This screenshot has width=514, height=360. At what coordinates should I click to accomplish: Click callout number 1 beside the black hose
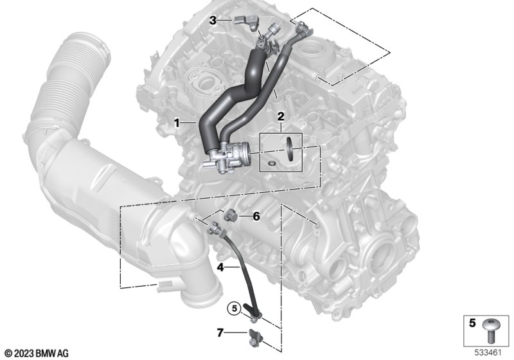(177, 123)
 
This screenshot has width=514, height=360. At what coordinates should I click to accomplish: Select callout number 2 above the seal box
(281, 116)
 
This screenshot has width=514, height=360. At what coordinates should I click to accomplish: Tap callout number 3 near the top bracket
(213, 21)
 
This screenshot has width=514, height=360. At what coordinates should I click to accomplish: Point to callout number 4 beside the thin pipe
(220, 267)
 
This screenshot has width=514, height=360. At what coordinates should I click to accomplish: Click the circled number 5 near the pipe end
(234, 309)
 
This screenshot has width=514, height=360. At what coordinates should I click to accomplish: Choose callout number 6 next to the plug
(256, 217)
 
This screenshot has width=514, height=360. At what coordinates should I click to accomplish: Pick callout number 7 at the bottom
(220, 333)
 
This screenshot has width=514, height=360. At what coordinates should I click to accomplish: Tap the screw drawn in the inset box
(491, 330)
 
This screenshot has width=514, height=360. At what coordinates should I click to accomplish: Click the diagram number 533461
(488, 353)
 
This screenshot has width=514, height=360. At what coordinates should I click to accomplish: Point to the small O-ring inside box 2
(271, 163)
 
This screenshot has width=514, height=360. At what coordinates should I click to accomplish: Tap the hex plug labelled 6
(229, 216)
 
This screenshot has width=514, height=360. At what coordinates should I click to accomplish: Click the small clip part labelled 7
(254, 337)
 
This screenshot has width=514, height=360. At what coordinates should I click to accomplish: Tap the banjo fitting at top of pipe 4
(215, 228)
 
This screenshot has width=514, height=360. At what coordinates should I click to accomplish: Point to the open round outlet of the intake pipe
(204, 293)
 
